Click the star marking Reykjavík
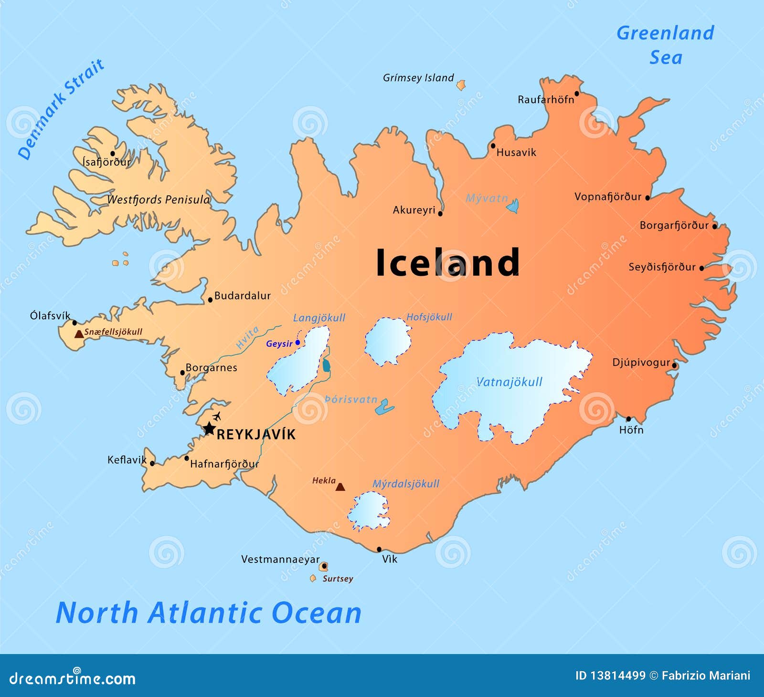click(209, 428)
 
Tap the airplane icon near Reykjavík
click(217, 416)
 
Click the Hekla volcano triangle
click(340, 487)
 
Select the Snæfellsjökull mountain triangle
click(79, 334)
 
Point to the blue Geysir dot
click(297, 343)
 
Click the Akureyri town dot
click(440, 213)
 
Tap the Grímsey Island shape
click(461, 85)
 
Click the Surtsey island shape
click(313, 578)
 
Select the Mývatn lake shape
click(513, 206)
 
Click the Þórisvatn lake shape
click(384, 408)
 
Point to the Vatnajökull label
click(509, 382)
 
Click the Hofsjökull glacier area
click(388, 341)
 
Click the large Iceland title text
click(447, 262)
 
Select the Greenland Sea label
click(665, 45)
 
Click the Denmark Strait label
click(61, 109)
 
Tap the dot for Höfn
click(628, 419)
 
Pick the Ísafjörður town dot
click(113, 153)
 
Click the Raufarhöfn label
click(546, 100)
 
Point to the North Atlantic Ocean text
click(209, 613)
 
